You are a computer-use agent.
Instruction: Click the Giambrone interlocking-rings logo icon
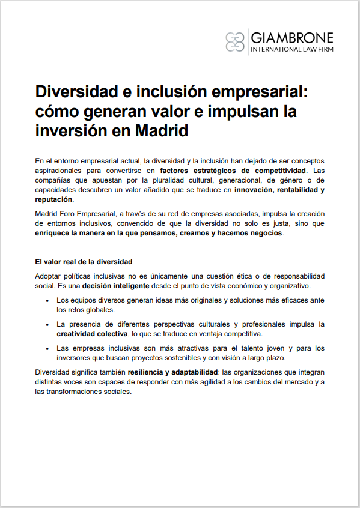236,41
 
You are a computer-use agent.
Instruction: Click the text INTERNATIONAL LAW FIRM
291,49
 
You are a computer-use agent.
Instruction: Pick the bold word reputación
53,199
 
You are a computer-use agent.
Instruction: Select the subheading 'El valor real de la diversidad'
84,262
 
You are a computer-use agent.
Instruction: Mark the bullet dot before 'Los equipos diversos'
47,300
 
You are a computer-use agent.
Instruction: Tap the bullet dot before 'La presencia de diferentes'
47,324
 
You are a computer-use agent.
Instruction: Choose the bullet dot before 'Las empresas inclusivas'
47,348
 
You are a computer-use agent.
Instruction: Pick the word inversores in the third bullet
75,358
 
